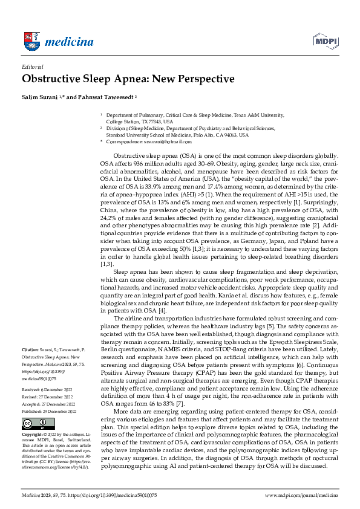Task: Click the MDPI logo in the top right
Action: click(325, 41)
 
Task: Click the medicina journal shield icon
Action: click(31, 41)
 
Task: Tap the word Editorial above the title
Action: click(32, 67)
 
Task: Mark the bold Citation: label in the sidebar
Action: click(31, 350)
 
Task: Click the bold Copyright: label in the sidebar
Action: click(33, 435)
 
